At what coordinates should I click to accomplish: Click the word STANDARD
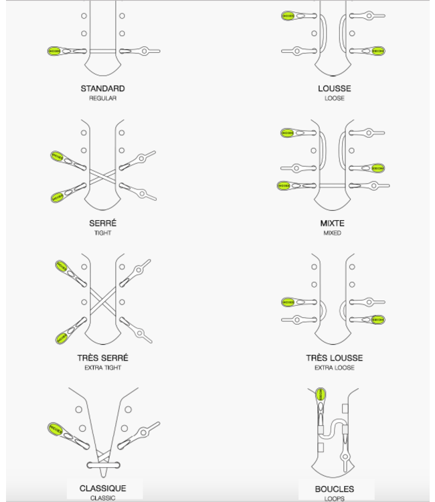point(102,88)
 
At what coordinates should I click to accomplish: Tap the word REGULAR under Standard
point(102,98)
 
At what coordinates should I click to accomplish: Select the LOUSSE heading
point(335,88)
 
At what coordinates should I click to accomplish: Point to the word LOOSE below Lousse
point(335,98)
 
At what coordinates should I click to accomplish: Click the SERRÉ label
point(102,223)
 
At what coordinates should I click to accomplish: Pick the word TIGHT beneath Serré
point(102,233)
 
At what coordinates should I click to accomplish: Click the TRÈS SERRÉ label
point(102,357)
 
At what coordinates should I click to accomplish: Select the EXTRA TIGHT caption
point(102,367)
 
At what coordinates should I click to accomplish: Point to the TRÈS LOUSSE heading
point(335,357)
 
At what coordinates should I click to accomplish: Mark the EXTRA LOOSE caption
point(335,367)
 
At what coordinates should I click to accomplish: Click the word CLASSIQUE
point(102,488)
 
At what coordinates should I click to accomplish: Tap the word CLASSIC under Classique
point(102,498)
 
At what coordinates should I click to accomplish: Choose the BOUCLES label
point(335,489)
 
